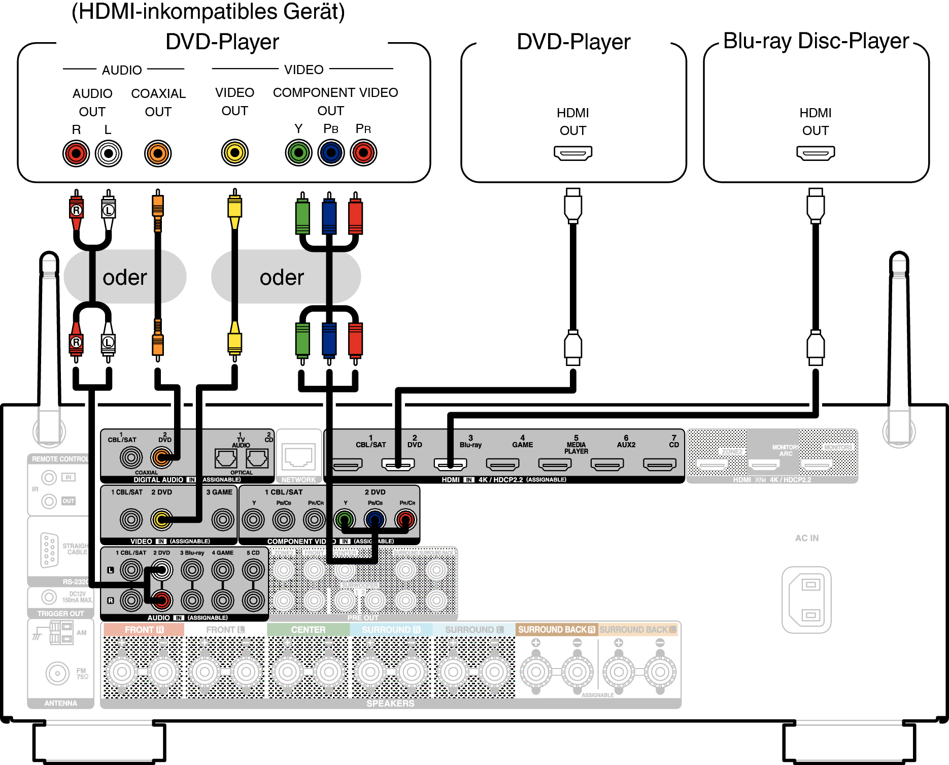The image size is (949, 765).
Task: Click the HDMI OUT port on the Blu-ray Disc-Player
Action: pos(815,153)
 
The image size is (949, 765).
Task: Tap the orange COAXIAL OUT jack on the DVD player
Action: pos(158,153)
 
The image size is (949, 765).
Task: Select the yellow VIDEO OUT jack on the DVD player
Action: pos(234,152)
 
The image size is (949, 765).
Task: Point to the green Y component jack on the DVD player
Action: pos(298,152)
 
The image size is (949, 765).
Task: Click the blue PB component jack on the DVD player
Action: pos(331,152)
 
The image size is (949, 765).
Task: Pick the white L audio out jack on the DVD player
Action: pos(109,153)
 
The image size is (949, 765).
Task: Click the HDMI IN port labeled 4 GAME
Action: pos(502,464)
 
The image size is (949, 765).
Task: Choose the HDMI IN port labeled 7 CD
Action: pos(659,464)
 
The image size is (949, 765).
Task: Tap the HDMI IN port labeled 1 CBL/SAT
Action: pos(347,464)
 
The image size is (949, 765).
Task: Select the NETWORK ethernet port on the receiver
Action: pos(298,456)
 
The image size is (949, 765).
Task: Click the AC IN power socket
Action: pos(806,600)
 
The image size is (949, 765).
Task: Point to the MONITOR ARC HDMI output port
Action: pos(765,464)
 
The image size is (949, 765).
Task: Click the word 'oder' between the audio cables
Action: pos(125,278)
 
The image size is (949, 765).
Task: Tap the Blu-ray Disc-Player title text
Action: pos(816,41)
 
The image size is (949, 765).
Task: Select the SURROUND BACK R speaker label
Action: pos(556,629)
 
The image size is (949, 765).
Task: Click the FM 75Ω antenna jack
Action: pos(57,674)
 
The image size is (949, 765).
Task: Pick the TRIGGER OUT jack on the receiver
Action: pos(49,597)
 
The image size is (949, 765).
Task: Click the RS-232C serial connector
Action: pos(48,550)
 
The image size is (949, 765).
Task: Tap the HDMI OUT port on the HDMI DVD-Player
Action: pos(572,153)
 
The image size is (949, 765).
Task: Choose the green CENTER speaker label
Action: pos(308,629)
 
